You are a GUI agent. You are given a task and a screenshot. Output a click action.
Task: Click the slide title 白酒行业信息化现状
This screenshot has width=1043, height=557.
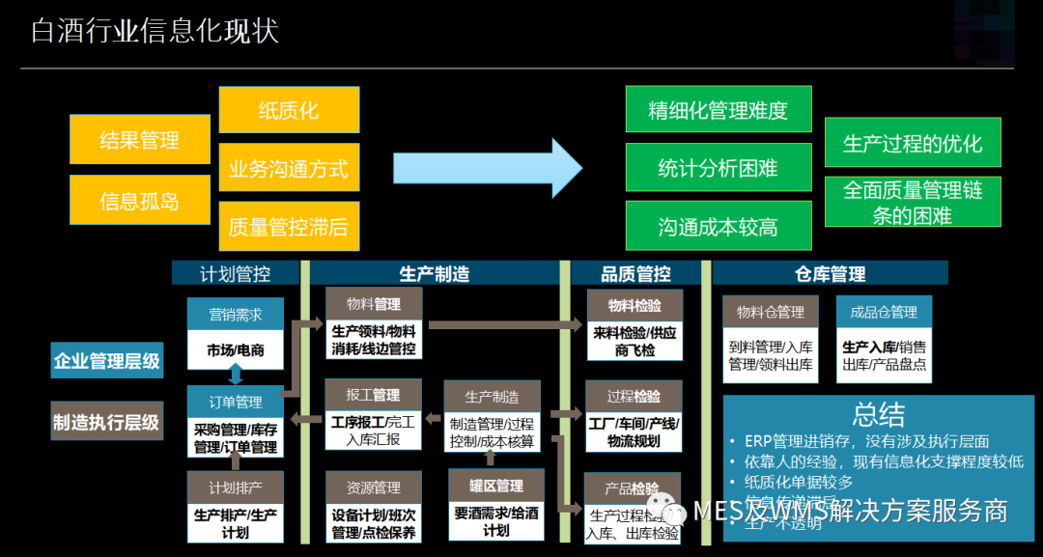(155, 31)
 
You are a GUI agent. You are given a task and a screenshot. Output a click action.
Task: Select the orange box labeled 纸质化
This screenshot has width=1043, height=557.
(289, 110)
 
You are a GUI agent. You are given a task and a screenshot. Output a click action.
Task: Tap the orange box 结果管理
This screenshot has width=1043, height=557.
(140, 140)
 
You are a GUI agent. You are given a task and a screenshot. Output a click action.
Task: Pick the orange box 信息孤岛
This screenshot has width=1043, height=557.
(140, 201)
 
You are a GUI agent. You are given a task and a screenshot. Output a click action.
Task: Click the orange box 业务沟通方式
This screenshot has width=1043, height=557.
(289, 169)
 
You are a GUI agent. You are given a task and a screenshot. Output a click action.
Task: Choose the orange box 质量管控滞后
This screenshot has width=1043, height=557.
(289, 227)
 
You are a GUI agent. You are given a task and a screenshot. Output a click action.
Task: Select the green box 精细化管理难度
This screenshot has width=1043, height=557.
(719, 110)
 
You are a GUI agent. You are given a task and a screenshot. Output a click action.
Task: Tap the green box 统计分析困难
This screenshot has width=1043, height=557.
(719, 168)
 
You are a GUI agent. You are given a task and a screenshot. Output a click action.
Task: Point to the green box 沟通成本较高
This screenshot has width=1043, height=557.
(719, 227)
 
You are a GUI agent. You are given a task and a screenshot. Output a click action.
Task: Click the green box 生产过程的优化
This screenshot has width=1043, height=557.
(913, 143)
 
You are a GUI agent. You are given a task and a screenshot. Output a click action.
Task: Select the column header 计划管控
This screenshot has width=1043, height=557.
(236, 274)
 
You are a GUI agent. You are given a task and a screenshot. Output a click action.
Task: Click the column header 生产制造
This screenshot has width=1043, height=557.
(435, 274)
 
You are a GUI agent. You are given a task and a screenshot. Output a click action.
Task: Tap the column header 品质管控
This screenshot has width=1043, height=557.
(635, 274)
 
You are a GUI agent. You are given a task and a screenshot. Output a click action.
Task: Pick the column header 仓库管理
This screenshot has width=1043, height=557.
(830, 274)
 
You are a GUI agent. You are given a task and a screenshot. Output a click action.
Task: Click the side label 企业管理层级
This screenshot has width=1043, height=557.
(106, 361)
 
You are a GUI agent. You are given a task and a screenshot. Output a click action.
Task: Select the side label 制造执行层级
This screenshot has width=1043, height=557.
(106, 422)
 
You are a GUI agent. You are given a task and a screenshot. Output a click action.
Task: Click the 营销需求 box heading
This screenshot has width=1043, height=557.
(236, 315)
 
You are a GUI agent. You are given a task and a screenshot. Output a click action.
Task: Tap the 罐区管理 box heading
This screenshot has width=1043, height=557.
(495, 486)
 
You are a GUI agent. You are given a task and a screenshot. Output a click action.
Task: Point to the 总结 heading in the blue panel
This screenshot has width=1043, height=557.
(878, 414)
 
